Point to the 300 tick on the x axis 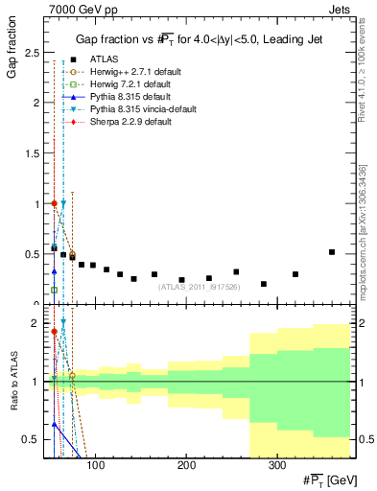coord(276,465)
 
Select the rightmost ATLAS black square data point coord(331,252)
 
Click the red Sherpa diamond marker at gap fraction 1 coord(55,203)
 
